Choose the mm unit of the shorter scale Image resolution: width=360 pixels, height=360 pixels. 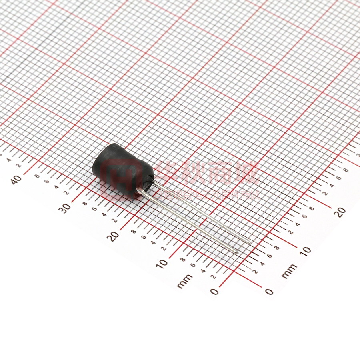point(289,271)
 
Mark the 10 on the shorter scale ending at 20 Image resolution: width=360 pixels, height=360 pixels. point(305,251)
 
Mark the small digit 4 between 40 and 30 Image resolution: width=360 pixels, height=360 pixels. point(56,186)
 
